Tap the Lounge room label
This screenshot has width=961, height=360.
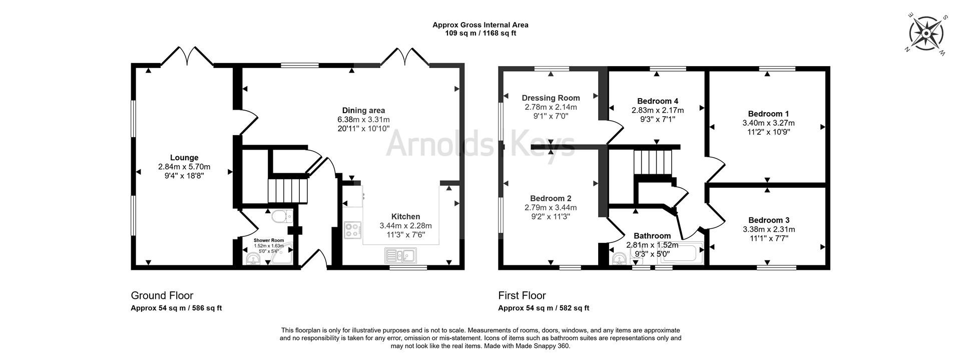coord(184,157)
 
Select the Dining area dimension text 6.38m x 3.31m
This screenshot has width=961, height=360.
coord(363,120)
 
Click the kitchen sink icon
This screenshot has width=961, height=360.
coord(401,256)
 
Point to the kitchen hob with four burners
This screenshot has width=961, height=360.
coord(353,230)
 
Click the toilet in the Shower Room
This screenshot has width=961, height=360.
coord(282,217)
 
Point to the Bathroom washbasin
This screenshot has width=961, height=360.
coord(618,259)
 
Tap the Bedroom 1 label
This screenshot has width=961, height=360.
coord(768,114)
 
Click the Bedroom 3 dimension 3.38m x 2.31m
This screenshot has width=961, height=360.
coord(769,229)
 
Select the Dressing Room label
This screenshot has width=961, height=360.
coord(551,98)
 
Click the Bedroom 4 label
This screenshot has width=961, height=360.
coord(658,101)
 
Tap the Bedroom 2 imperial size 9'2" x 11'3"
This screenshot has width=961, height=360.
coord(551,217)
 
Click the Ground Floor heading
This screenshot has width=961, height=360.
coord(162,295)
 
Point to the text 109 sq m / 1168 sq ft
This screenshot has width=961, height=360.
coord(480,34)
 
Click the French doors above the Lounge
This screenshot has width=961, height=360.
coord(187,57)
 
